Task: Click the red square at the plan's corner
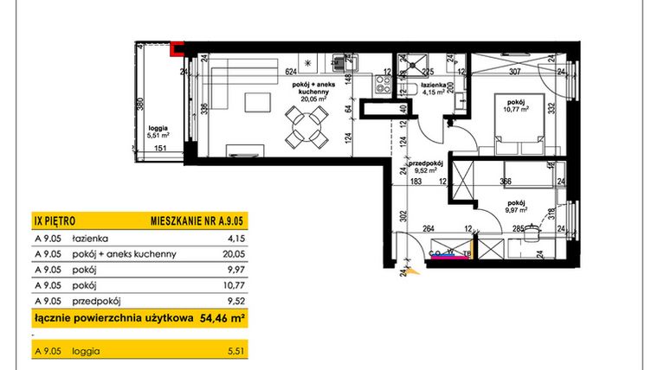pyautogui.click(x=177, y=49)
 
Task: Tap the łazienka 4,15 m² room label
pyautogui.click(x=433, y=90)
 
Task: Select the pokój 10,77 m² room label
pyautogui.click(x=518, y=104)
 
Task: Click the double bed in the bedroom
pyautogui.click(x=503, y=135)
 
